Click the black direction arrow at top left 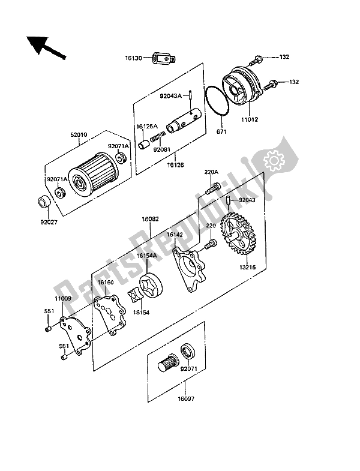44,47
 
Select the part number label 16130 133,58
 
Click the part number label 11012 250,119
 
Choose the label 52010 79,135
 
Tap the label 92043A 170,96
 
